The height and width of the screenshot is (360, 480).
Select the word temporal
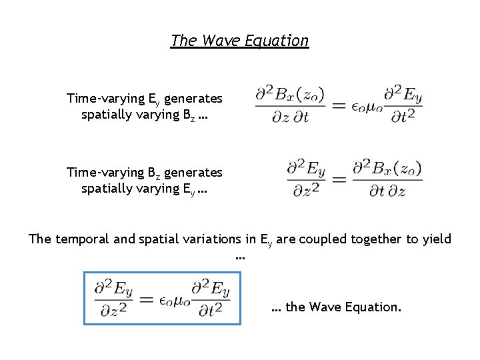click(88, 239)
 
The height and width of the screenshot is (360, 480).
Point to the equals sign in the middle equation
click(339, 179)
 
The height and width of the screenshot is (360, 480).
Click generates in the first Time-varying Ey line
click(193, 99)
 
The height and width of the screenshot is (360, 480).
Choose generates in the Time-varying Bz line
click(193, 173)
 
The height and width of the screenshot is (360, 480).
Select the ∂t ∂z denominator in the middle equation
click(387, 191)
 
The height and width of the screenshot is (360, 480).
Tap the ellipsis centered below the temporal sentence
click(240, 257)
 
